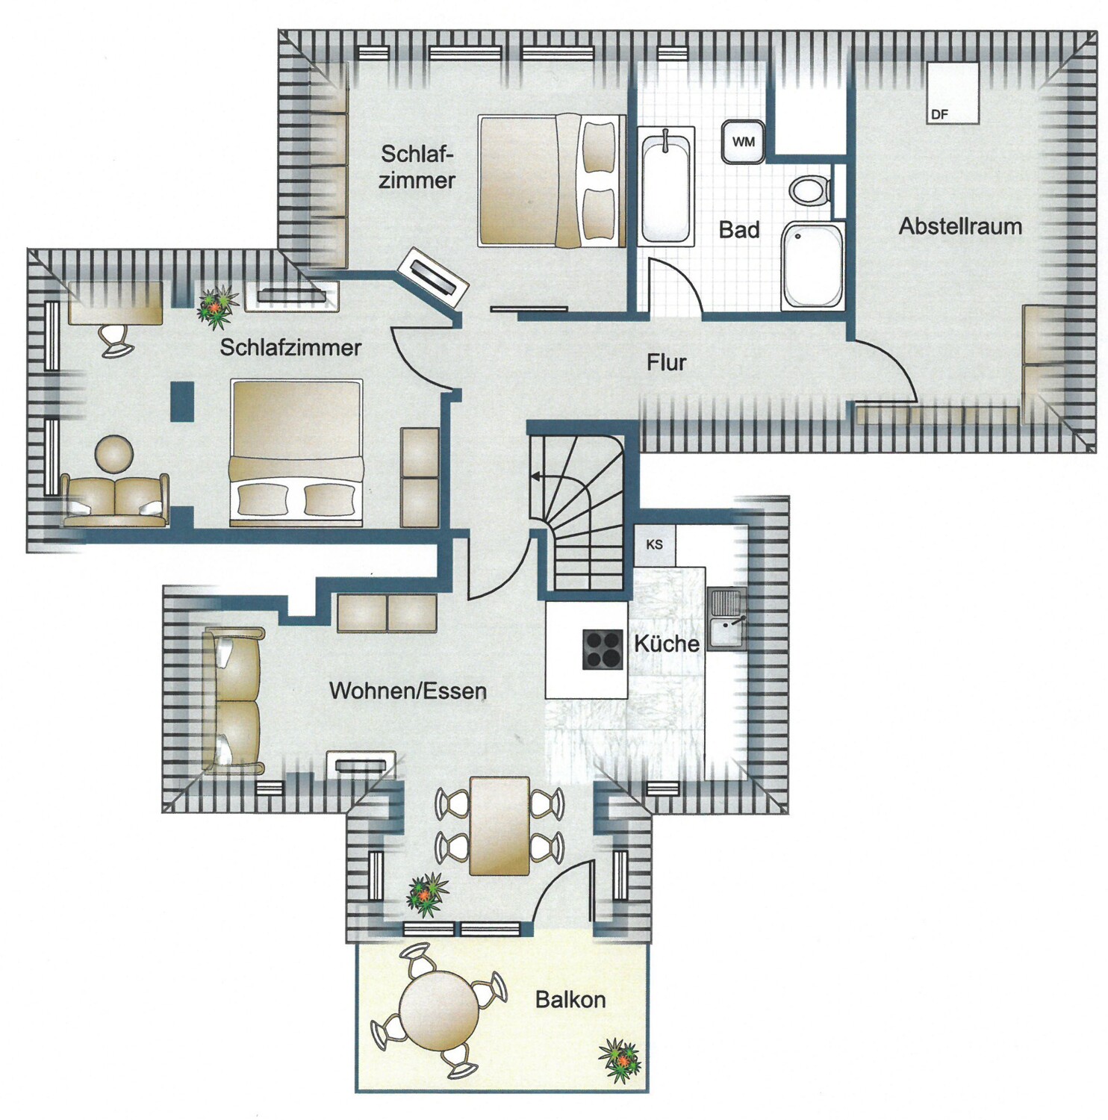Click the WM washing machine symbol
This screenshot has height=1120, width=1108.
click(743, 142)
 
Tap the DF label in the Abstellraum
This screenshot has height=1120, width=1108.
click(940, 114)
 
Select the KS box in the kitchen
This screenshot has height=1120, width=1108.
click(655, 544)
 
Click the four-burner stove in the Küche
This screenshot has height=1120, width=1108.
click(603, 649)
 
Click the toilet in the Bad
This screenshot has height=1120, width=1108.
click(809, 190)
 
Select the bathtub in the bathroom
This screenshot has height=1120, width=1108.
click(666, 185)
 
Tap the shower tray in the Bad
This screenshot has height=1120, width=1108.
click(812, 265)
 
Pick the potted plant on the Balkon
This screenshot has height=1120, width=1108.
click(620, 1059)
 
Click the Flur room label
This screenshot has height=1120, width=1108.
click(666, 363)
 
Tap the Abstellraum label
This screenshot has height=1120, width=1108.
click(960, 226)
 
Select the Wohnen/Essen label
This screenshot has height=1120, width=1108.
click(408, 691)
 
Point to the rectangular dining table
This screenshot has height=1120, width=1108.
click(499, 826)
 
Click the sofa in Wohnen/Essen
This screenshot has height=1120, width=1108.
click(233, 700)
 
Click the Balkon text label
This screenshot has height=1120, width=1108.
click(570, 1000)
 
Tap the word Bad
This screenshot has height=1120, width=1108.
click(739, 230)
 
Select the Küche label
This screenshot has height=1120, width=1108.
click(667, 643)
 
